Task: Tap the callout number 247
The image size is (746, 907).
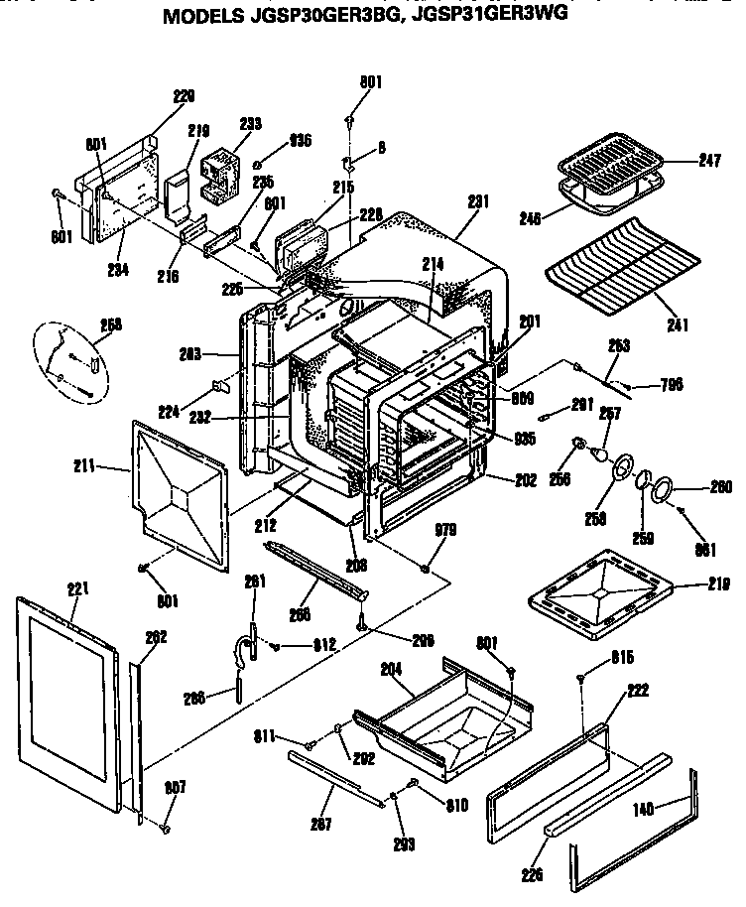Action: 708,160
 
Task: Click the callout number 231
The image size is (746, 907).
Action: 478,201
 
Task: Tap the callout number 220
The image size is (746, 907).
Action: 184,96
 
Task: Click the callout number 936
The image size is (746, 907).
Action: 302,140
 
